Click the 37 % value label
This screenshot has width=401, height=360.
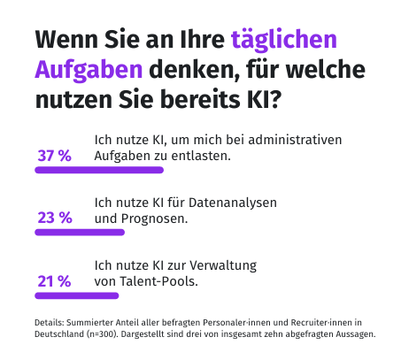pyautogui.click(x=54, y=156)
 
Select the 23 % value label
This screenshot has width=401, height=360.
pyautogui.click(x=54, y=218)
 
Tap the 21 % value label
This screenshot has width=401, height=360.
pyautogui.click(x=54, y=281)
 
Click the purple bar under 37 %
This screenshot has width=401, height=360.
pyautogui.click(x=98, y=171)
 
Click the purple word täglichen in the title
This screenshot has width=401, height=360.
pyautogui.click(x=283, y=40)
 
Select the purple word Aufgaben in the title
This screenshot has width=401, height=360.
pyautogui.click(x=89, y=70)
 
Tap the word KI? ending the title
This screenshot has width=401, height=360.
pyautogui.click(x=262, y=100)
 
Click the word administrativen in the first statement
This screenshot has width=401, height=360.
pyautogui.click(x=297, y=140)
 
